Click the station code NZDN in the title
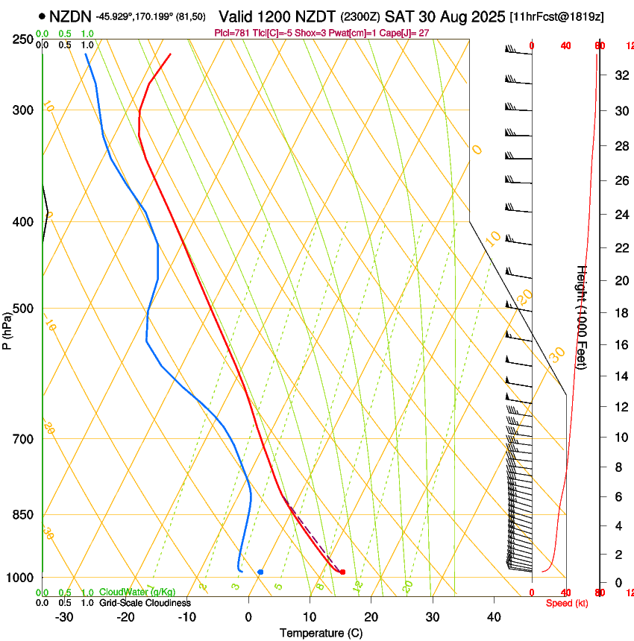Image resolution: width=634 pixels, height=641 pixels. (x=70, y=16)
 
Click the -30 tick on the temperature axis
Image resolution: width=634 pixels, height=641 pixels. (x=64, y=617)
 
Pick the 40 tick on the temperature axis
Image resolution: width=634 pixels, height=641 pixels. (x=494, y=617)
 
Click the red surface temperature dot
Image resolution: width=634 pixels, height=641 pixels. (x=342, y=572)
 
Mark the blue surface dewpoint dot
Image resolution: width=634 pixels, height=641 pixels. (x=260, y=572)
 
